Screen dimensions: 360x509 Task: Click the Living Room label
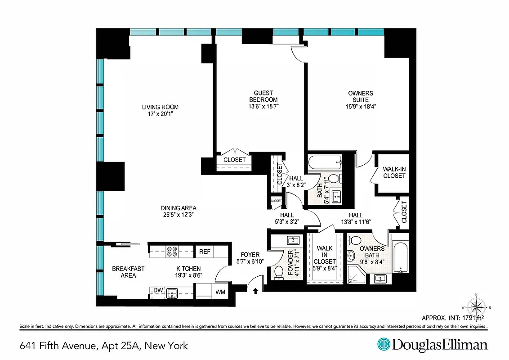[x=160, y=107]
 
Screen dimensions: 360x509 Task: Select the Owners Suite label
[x=360, y=96]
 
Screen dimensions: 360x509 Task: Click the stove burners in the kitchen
[x=172, y=251]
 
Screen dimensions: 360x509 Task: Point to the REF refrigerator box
[x=205, y=252]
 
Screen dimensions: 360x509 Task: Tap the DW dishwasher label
[x=157, y=291]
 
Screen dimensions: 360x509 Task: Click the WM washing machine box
[x=220, y=292]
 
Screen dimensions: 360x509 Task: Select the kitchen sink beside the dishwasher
[x=172, y=293]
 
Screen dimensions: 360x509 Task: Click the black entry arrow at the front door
[x=255, y=291]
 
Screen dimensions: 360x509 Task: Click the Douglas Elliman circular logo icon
[x=383, y=345]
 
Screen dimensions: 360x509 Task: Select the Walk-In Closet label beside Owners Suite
[x=394, y=172]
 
